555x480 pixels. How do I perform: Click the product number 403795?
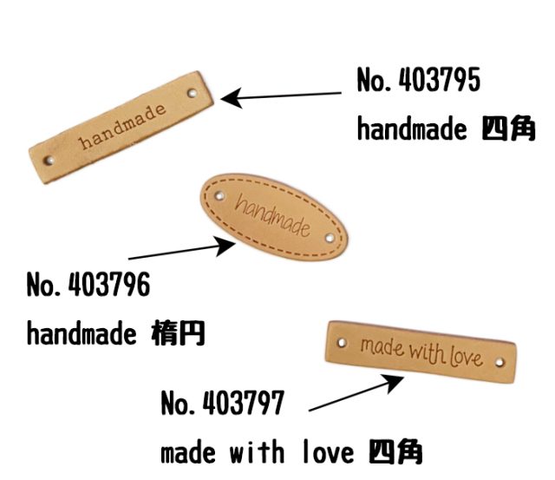pos(440,80)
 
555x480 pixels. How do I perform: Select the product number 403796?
pos(109,284)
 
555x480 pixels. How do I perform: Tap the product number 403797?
pos(243,403)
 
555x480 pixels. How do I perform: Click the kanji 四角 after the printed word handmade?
pos(508,128)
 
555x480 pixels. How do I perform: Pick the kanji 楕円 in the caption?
pos(178,333)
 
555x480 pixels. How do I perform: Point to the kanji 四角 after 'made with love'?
pos(395,451)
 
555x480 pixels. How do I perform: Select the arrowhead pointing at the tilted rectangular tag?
pos(231,98)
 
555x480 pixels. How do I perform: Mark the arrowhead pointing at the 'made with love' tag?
pos(394,383)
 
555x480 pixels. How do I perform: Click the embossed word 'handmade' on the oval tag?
pos(272,215)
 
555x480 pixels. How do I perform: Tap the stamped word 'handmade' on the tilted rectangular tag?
pos(122,127)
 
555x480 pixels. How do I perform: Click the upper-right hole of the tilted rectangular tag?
pos(193,93)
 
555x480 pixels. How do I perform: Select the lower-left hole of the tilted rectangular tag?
pos(49,161)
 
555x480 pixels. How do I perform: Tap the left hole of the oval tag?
pos(219,195)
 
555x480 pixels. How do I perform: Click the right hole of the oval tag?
pos(330,238)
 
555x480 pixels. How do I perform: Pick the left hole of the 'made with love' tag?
pos(342,343)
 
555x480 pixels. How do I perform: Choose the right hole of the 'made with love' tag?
pos(499,363)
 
